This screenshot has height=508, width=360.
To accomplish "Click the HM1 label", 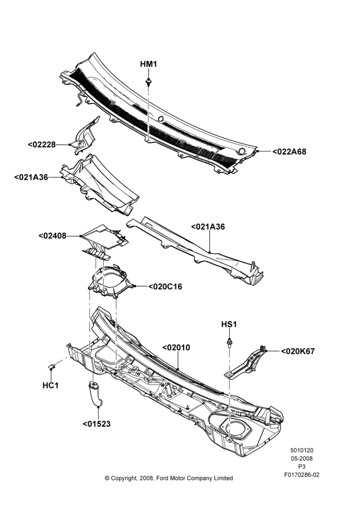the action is click(148, 64).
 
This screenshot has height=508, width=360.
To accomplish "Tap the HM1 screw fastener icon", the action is click(148, 82).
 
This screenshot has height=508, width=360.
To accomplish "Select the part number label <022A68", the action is click(289, 151).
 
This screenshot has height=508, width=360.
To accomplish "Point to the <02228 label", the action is click(42, 144).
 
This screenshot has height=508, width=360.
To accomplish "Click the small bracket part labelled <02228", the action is click(85, 136).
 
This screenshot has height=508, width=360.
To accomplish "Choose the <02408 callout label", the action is click(52, 236).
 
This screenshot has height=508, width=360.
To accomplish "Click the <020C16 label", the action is click(165, 287).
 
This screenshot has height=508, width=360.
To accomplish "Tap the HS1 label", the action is click(229, 324).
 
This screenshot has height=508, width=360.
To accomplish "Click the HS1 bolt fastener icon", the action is click(229, 342).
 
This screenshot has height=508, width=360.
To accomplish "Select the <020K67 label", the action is click(298, 351).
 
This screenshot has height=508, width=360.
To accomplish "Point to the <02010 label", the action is click(176, 347).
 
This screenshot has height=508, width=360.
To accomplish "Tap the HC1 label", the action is click(51, 386).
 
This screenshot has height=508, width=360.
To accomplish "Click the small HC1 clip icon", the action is click(51, 367).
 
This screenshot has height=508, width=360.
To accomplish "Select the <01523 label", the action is click(97, 424).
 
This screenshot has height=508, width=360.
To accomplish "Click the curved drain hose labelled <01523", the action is click(96, 394).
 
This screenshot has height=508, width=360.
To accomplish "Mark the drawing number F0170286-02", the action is click(302, 475).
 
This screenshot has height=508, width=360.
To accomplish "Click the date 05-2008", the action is click(302, 458).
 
